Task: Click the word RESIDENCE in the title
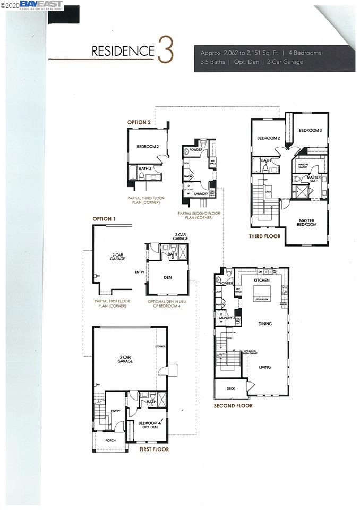(x=123, y=51)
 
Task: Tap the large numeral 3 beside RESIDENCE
(x=165, y=50)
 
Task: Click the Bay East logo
(x=41, y=5)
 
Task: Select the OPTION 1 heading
(x=104, y=218)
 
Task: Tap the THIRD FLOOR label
(x=265, y=236)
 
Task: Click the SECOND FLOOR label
(x=233, y=406)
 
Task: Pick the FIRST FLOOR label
(x=154, y=449)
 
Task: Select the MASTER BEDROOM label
(x=307, y=222)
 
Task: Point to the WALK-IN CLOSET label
(x=303, y=166)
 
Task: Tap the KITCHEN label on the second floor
(x=262, y=279)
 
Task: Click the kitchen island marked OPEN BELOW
(x=262, y=292)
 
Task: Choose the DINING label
(x=265, y=323)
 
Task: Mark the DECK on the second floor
(x=230, y=388)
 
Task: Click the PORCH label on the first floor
(x=110, y=440)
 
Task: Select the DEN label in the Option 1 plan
(x=167, y=277)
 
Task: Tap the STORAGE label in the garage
(x=160, y=346)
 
